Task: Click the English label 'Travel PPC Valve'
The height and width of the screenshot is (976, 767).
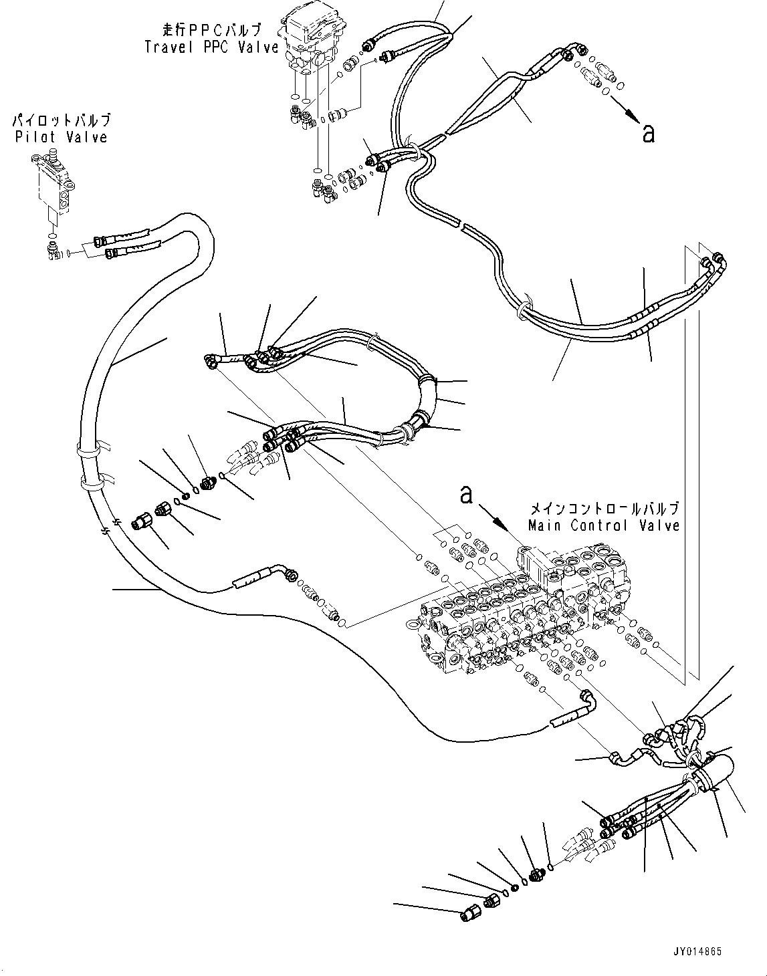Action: (x=211, y=47)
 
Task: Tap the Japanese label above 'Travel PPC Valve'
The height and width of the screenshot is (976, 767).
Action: (x=211, y=31)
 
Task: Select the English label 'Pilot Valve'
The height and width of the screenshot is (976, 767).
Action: (x=60, y=137)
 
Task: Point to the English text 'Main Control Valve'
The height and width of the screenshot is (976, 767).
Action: (x=603, y=525)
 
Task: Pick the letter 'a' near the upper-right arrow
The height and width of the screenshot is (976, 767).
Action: (x=647, y=133)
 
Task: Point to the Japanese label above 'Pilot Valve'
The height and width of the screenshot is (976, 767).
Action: (x=60, y=121)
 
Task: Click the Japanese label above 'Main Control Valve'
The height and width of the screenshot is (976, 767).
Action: (x=603, y=508)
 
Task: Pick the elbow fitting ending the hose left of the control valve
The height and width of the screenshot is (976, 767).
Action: (x=290, y=572)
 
